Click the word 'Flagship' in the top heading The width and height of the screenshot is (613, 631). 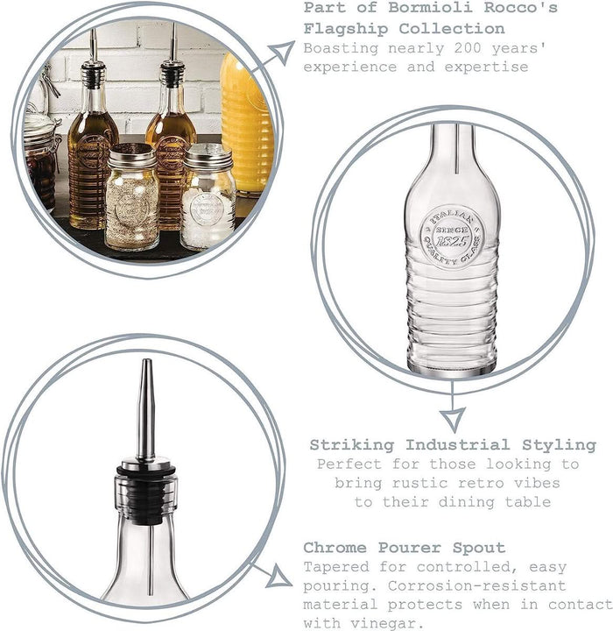tap(346, 29)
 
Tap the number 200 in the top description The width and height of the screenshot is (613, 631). tap(468, 48)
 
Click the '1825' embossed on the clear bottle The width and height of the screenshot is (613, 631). tap(452, 242)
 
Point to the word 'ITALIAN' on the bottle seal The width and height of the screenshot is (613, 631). tap(451, 218)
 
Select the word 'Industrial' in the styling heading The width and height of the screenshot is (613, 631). tap(458, 445)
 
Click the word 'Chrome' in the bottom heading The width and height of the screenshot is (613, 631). tap(335, 548)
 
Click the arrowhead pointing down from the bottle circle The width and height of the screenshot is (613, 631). tap(453, 419)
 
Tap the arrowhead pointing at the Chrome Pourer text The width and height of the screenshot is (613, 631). tap(278, 577)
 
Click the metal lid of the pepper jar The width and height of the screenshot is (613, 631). tap(132, 156)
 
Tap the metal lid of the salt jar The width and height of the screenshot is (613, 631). tap(208, 156)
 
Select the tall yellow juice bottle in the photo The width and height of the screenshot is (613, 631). tap(247, 124)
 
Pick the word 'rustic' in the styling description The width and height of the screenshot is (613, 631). tap(419, 483)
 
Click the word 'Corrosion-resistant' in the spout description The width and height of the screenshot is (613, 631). tap(476, 585)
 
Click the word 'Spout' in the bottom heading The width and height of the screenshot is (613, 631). tap(479, 548)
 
